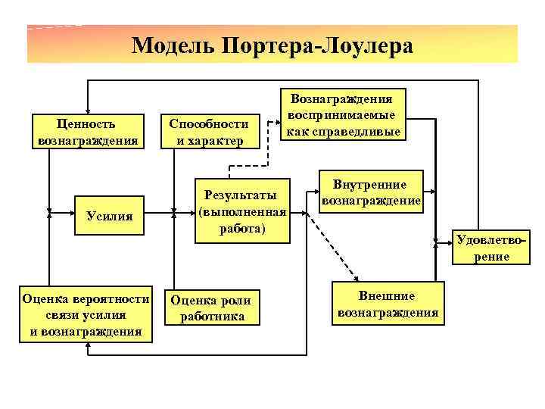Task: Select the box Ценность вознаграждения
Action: tap(88, 132)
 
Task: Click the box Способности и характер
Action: tap(208, 132)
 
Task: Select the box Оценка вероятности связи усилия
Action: tap(86, 314)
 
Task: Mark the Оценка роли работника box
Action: tap(211, 307)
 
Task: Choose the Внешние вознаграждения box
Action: tap(388, 304)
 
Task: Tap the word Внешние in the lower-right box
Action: tap(388, 295)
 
